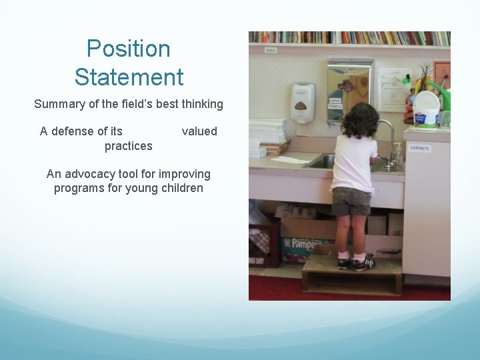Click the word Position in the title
[129, 49]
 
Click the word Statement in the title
[129, 77]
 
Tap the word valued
[199, 131]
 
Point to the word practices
[128, 145]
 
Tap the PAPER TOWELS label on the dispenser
[335, 103]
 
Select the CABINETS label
[419, 148]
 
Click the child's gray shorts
[351, 201]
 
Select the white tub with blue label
[427, 109]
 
